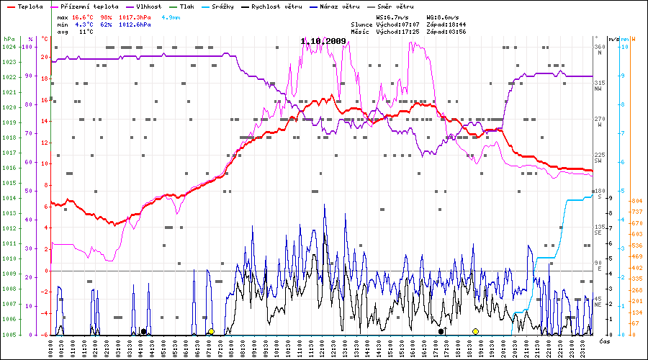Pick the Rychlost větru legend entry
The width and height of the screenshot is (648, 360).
(x=276, y=6)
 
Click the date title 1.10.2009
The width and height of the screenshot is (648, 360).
(x=323, y=41)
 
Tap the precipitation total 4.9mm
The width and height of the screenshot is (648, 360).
(x=171, y=17)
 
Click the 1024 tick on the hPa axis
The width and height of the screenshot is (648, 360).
(x=9, y=47)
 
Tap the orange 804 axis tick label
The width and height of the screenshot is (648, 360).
(x=636, y=201)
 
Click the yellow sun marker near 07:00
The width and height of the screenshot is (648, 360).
(x=211, y=331)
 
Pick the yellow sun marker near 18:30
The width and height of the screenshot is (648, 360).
(x=475, y=331)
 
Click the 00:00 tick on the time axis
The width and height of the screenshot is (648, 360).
(x=50, y=346)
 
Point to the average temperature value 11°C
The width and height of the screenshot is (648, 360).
(x=86, y=32)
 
